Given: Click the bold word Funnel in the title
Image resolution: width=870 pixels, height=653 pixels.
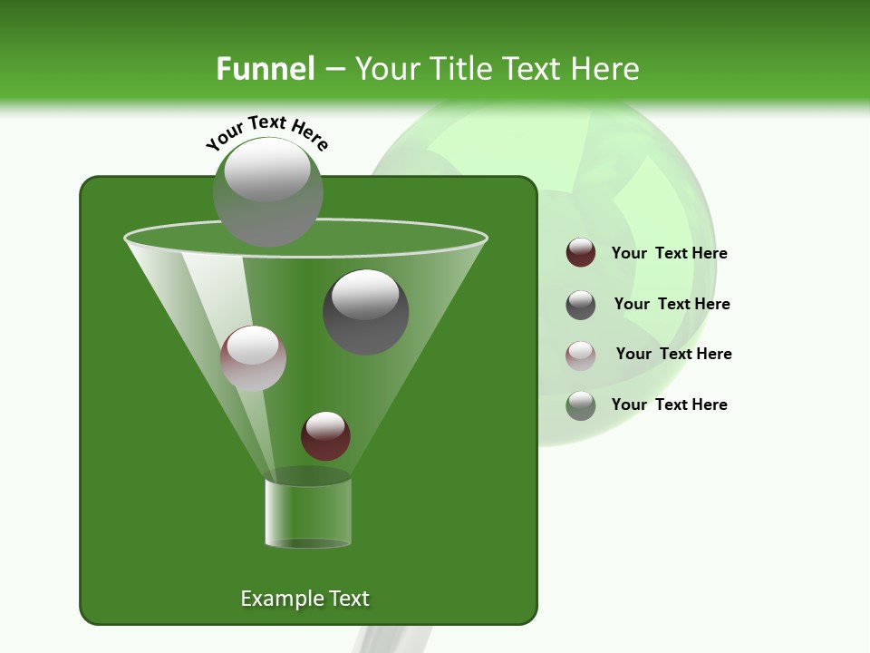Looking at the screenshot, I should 265,69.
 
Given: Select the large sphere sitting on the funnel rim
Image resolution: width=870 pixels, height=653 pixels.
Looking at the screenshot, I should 268,191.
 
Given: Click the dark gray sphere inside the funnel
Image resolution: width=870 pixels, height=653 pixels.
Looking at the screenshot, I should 366,311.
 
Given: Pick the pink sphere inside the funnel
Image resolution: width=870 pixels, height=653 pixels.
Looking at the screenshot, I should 253,358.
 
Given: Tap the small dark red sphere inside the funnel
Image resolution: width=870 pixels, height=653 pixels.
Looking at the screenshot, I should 325,435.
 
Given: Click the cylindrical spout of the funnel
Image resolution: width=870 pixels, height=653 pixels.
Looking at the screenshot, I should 308,512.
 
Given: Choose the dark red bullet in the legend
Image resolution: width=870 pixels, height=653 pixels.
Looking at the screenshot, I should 581,253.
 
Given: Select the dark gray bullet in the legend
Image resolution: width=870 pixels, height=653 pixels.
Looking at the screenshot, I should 581,305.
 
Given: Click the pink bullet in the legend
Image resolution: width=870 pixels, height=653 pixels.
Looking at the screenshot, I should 581,355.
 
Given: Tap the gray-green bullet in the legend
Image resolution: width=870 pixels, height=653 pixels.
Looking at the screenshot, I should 581,405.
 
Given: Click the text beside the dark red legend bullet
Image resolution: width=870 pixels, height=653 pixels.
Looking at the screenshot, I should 669,254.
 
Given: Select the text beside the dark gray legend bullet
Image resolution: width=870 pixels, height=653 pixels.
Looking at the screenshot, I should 672,305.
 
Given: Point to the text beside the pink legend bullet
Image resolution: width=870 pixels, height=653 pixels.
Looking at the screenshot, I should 673,354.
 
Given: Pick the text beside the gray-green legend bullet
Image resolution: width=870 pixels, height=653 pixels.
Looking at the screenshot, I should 669,404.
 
